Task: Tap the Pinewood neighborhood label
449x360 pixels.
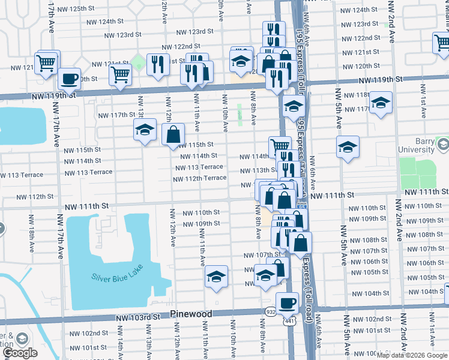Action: click(191, 314)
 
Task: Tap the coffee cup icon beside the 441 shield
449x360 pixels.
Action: click(287, 302)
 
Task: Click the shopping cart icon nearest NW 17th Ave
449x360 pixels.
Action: click(47, 62)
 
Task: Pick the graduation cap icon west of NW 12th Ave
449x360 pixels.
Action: click(145, 130)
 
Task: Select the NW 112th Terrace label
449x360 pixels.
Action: click(199, 178)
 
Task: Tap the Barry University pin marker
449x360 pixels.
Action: click(444, 144)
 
